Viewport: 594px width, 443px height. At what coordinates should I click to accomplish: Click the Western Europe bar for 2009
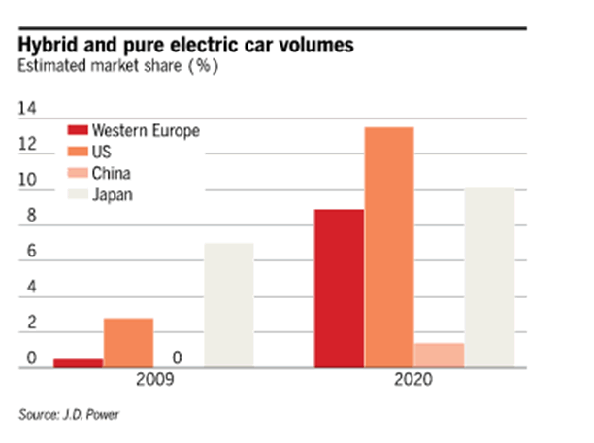point(78,362)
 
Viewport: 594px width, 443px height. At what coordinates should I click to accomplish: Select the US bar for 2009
point(128,342)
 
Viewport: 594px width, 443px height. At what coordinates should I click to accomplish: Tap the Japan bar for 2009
point(228,305)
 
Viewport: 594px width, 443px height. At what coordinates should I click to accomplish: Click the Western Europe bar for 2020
point(339,288)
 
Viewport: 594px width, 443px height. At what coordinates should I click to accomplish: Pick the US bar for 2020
point(388,247)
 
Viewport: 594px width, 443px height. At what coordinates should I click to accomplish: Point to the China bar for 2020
point(439,355)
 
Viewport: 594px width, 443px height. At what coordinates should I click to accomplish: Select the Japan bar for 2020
point(489,278)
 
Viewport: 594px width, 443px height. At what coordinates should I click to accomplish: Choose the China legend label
point(111,174)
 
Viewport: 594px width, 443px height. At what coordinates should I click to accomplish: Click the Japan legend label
point(113,195)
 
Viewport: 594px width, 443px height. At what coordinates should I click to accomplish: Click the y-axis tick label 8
point(31,217)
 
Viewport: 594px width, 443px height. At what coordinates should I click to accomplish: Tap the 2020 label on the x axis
point(414,383)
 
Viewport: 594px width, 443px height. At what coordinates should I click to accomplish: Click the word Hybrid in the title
point(47,47)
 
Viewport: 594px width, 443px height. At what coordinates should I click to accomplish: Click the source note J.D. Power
point(92,414)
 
